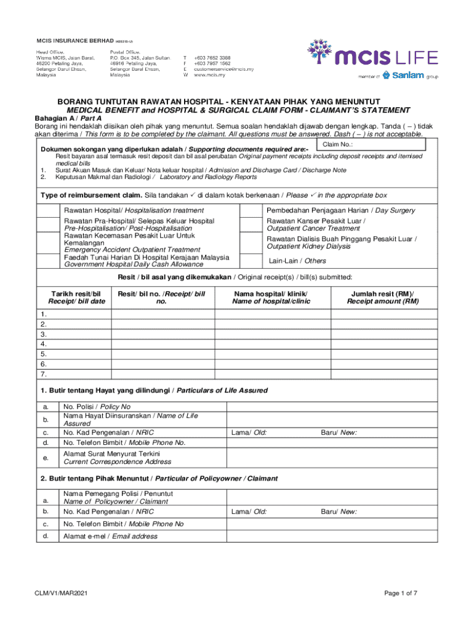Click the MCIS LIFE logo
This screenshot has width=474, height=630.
pyautogui.click(x=372, y=58)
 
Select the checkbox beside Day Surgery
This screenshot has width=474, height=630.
pyautogui.click(x=251, y=210)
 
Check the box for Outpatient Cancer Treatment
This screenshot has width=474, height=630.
pyautogui.click(x=251, y=224)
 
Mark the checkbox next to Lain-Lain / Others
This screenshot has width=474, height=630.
pyautogui.click(x=251, y=260)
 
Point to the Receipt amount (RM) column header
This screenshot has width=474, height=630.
pyautogui.click(x=382, y=298)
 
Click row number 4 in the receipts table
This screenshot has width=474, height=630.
pyautogui.click(x=44, y=344)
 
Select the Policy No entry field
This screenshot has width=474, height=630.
pyautogui.click(x=332, y=407)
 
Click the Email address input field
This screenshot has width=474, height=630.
pyautogui.click(x=332, y=536)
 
